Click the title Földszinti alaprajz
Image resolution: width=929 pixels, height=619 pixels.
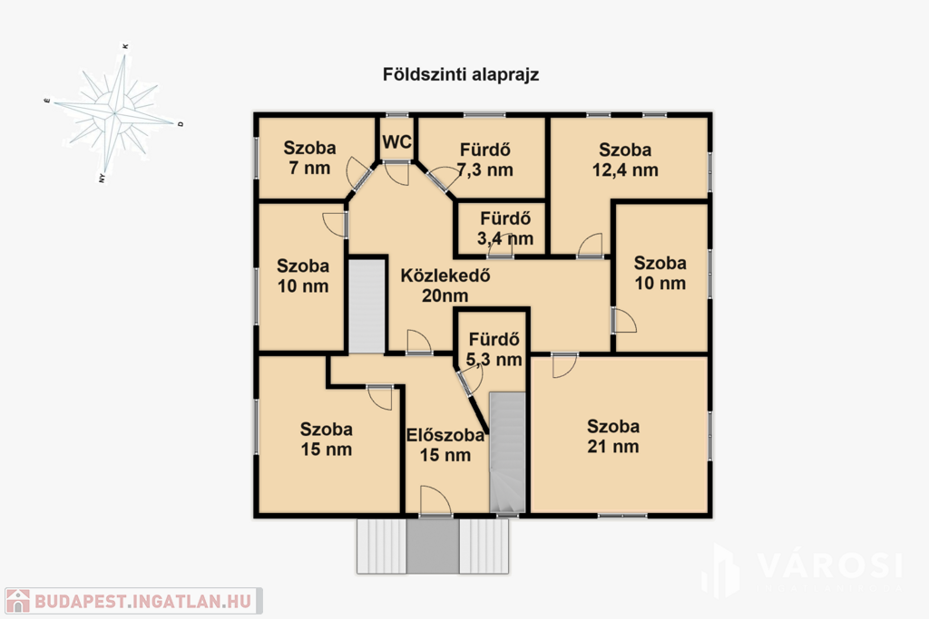pos(460,75)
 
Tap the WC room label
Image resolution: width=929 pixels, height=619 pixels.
pos(397,142)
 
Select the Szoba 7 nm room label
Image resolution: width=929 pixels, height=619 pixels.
pos(309,158)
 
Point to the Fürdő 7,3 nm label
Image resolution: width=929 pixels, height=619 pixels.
pos(484,160)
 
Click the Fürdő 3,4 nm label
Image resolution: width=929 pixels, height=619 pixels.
pos(505,228)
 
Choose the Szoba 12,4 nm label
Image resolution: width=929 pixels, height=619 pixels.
pos(625,160)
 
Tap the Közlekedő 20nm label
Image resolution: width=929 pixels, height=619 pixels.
pos(445,285)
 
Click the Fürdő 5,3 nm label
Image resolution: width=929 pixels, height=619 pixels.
pos(494,349)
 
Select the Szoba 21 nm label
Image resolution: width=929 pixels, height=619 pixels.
pos(613,436)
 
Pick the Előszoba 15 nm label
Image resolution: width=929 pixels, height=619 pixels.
pos(445,445)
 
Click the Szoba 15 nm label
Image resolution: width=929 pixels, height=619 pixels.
pos(326,439)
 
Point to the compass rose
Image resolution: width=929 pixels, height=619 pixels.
pos(113,111)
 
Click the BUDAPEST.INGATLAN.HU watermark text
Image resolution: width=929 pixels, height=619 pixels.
pos(142,601)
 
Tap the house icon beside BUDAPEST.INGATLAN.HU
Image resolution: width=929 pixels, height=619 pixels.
pos(18,601)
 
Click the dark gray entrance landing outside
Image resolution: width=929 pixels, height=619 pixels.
pos(433,546)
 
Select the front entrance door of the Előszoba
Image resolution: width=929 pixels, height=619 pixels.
pos(435,501)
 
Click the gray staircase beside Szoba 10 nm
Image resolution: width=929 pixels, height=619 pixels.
pos(367,306)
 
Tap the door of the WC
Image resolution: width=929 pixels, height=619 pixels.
pos(396,172)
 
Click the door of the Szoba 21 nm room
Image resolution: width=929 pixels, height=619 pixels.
pos(564,365)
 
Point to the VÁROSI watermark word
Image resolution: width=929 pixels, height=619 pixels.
pos(829,566)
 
